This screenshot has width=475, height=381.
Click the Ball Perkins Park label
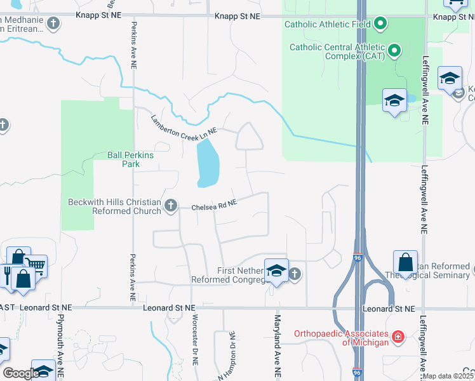point(130,159)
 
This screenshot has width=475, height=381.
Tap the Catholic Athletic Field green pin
point(380,25)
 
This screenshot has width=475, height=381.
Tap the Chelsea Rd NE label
point(214,206)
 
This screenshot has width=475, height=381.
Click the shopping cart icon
point(36,265)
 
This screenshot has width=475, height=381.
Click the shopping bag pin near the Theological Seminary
point(405,262)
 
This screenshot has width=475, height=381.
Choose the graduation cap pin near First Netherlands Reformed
point(276,271)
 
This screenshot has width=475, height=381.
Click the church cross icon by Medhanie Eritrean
point(53,24)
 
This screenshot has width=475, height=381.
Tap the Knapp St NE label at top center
point(237,16)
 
